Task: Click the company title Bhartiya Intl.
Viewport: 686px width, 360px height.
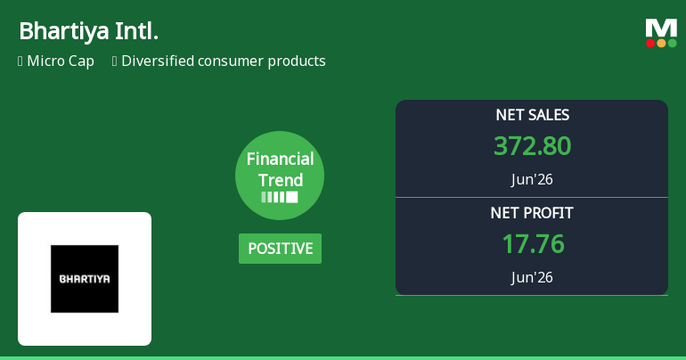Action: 88,31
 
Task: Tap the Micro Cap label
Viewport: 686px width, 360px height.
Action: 61,61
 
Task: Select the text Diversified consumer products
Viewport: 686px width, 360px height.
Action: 223,61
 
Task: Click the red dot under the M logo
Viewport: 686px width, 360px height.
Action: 650,43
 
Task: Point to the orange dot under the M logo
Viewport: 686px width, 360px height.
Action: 661,43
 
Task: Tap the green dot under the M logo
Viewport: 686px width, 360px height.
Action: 672,43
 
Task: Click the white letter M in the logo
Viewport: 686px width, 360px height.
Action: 661,29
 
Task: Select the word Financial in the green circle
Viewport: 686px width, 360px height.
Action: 280,159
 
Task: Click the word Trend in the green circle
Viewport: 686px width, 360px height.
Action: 281,180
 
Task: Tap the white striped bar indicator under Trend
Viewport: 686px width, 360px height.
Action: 280,197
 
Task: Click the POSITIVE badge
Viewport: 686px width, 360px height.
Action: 280,249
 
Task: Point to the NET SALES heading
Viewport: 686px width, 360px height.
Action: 533,115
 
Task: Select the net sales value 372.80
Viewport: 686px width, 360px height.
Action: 533,146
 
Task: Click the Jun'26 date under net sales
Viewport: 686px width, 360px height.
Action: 532,179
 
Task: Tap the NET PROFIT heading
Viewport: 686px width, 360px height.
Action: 532,213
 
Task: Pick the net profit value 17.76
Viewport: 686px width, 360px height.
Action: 534,244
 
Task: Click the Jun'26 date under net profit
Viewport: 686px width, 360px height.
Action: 532,277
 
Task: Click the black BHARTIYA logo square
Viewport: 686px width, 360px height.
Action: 85,279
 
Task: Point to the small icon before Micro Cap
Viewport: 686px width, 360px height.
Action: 20,61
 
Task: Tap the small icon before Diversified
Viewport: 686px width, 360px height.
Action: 115,61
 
